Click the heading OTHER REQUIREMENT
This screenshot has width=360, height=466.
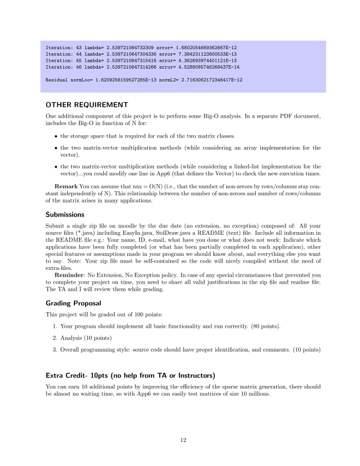(86, 105)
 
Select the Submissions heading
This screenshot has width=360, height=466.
(65, 214)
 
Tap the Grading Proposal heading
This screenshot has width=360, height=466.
(73, 303)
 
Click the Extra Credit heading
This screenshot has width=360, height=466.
(130, 375)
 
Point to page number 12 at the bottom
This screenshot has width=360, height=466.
(183, 440)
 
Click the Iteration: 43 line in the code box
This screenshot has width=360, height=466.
(141, 47)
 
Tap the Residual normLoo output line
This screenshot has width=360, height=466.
(144, 80)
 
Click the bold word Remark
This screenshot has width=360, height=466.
(66, 187)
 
